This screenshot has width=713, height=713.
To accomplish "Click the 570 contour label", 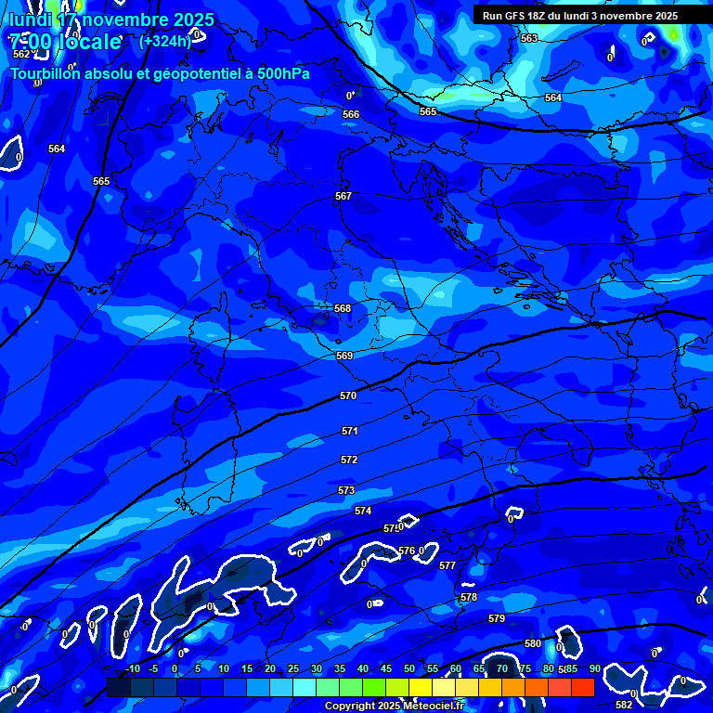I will pos(348,395).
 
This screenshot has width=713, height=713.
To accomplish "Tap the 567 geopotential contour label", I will pos(344,196).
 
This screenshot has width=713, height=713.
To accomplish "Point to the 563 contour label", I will pos(529,38).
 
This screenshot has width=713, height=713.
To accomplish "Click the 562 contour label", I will pos(21,54).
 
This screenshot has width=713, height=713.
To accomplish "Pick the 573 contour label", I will pos(346,490).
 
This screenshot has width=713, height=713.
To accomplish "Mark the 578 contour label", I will pos(469,597).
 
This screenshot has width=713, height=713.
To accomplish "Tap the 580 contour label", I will pos(533,643).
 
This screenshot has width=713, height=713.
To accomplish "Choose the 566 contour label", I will pos(351,114).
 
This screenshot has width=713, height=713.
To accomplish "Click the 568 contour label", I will pos(343,308).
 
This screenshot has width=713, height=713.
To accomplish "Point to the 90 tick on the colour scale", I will pos(594,668).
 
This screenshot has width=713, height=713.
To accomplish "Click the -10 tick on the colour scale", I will pos(133,668).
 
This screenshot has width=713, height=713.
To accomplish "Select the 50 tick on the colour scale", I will pos(409,668).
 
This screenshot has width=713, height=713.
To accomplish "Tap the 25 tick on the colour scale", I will pos(293,668).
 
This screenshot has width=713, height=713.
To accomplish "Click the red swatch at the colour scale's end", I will pos(582,687).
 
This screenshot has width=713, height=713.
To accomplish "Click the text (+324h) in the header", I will pos(165,41).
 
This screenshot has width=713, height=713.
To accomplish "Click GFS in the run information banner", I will pos(514,16).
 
